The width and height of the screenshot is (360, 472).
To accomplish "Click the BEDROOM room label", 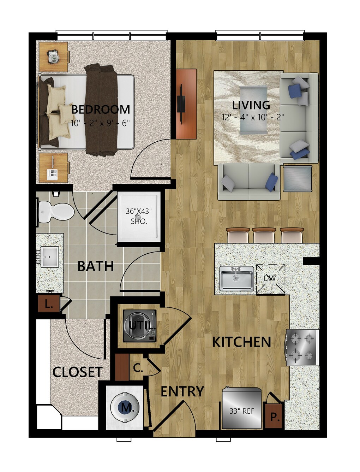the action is pyautogui.click(x=101, y=110).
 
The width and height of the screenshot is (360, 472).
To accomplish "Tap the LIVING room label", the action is pyautogui.click(x=251, y=105).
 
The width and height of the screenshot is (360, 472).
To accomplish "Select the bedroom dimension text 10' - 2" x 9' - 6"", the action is pyautogui.click(x=100, y=123).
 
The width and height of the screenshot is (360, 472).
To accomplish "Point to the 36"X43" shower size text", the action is pyautogui.click(x=139, y=211).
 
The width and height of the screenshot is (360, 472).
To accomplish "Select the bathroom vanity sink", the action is pyautogui.click(x=50, y=257).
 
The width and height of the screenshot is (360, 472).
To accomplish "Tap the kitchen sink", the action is pyautogui.click(x=236, y=278).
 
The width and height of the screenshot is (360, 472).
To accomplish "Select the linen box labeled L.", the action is pyautogui.click(x=49, y=303).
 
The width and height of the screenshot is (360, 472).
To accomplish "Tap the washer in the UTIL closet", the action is pyautogui.click(x=140, y=326).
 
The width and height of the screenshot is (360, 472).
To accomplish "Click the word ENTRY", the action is pyautogui.click(x=182, y=391).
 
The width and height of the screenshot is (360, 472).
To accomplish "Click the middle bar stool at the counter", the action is pyautogui.click(x=264, y=235).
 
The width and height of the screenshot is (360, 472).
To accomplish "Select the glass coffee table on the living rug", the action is pyautogui.click(x=253, y=110).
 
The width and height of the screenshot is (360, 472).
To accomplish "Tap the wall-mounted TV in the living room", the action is pyautogui.click(x=180, y=104).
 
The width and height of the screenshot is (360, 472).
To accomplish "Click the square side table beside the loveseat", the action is pyautogui.click(x=297, y=178).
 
